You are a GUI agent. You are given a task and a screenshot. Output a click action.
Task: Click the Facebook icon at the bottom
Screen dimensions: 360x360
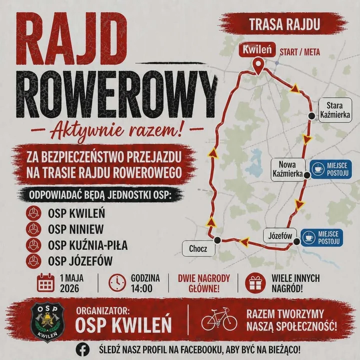point(83,349)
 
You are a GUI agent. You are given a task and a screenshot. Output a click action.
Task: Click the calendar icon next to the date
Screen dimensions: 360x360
point(46,283)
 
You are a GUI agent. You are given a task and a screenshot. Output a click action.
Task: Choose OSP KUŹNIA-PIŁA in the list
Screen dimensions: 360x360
point(87,245)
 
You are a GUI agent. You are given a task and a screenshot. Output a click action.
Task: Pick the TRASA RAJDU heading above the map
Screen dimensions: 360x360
point(284,23)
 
